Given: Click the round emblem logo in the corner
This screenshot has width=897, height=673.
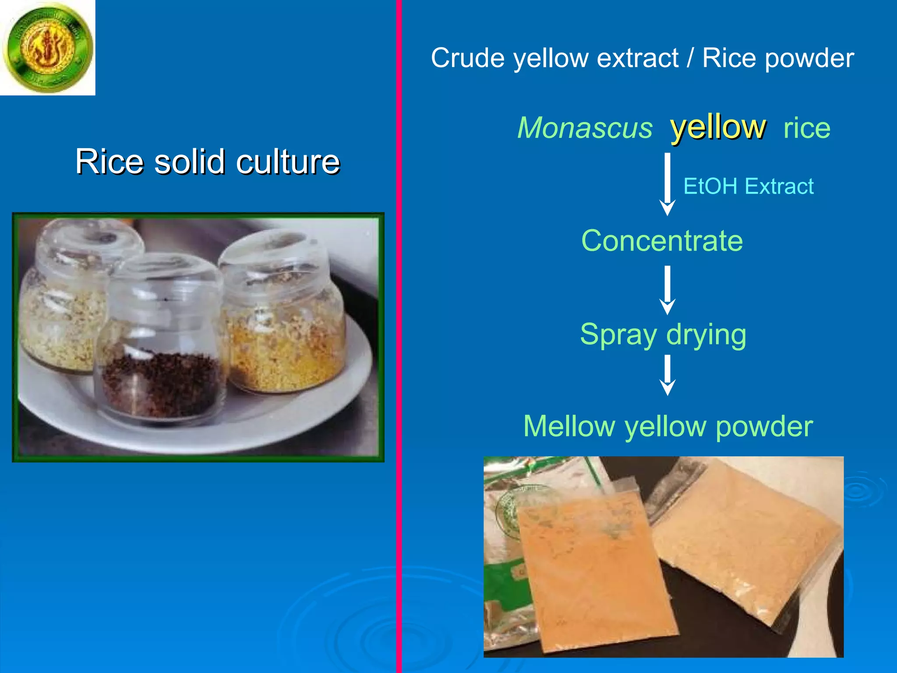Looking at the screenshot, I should pos(47,47).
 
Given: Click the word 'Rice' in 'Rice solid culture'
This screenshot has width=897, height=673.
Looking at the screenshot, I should pos(108,162).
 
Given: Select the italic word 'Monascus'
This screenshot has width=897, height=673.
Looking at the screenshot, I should pos(585,128).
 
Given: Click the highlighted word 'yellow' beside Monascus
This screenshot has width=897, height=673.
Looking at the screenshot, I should pos(718,127).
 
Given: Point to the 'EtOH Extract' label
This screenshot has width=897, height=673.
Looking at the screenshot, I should pos(748,186).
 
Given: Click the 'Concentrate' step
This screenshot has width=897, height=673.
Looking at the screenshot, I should pos(662,241).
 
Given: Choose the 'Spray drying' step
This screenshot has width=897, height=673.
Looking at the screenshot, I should pos(663,335).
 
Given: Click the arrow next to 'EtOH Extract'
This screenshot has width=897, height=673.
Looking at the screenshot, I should pos(667,184).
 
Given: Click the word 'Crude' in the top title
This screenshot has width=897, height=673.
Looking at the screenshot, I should pos(467,58).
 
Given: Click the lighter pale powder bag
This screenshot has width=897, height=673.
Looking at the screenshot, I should pos(745,539).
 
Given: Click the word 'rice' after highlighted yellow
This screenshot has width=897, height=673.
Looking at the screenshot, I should pos(807,128).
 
